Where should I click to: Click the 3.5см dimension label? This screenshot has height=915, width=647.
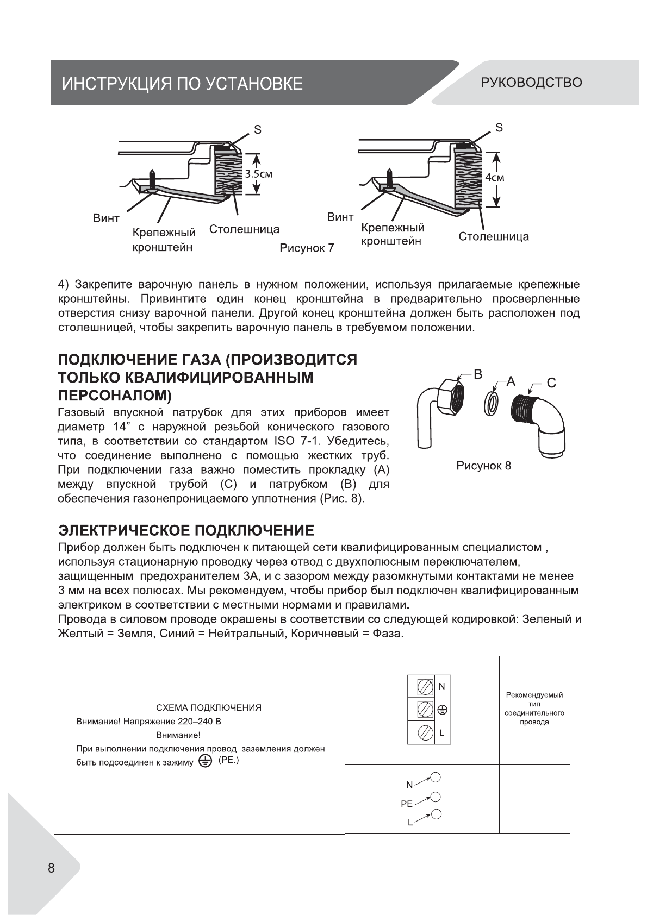258,174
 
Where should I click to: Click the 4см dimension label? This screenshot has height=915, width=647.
495,178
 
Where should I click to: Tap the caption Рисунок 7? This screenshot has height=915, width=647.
307,248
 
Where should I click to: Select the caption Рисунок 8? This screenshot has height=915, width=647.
484,466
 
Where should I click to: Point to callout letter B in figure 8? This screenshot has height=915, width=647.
477,374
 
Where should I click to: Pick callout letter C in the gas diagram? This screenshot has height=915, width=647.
551,383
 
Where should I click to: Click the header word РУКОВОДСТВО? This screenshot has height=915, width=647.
531,83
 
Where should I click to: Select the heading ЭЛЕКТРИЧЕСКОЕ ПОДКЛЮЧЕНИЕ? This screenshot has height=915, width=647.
186,530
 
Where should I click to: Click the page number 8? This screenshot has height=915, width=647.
51,868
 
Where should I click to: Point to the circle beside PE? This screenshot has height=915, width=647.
434,797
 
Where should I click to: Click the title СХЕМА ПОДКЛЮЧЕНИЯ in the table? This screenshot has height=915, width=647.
208,708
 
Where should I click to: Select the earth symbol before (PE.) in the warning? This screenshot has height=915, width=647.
205,761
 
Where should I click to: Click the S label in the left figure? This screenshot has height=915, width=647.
258,129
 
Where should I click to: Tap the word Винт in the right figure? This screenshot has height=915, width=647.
340,217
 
